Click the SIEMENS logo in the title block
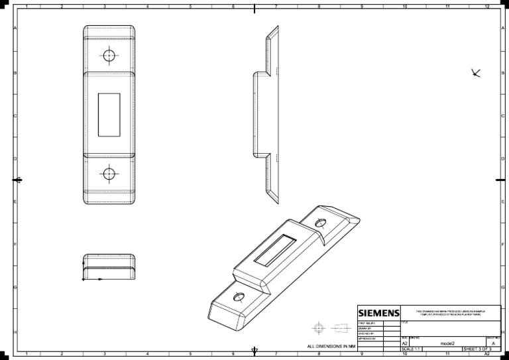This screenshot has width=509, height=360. [x=379, y=313]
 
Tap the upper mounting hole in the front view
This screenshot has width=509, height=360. [x=109, y=55]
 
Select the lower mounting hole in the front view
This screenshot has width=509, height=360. [x=109, y=174]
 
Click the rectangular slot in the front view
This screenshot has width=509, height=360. [x=109, y=115]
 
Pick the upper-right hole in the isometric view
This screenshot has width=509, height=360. [x=321, y=223]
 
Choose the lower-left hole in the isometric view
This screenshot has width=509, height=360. [x=239, y=296]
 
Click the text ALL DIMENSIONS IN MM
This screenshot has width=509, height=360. [x=331, y=346]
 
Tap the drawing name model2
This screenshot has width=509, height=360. [x=447, y=343]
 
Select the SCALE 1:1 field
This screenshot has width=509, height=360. [x=412, y=349]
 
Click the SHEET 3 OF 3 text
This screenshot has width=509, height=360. [x=477, y=349]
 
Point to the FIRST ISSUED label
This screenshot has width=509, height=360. [x=367, y=323]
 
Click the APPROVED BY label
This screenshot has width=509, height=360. [x=367, y=338]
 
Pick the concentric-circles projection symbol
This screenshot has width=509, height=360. [x=319, y=328]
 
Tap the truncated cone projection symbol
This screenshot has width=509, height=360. [x=341, y=328]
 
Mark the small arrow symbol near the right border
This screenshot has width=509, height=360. [x=475, y=72]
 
